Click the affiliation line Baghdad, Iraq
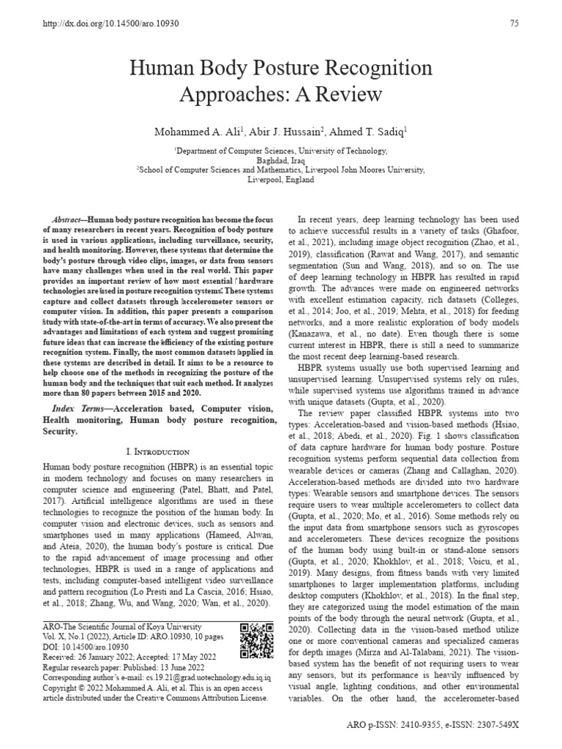coord(281,159)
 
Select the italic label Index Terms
coord(79,406)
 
